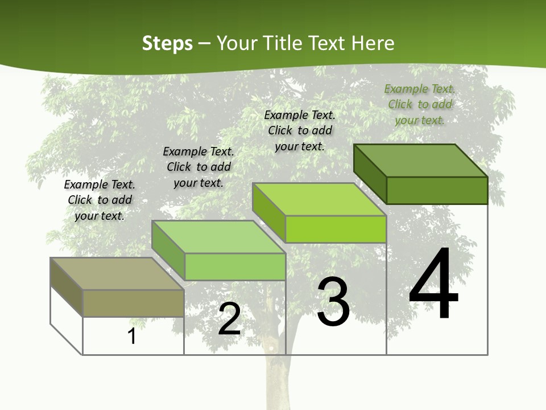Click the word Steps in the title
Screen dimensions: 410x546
[167, 43]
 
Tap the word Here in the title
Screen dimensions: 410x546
[373, 43]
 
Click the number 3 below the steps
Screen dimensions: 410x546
[333, 302]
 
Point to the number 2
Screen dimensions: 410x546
[229, 319]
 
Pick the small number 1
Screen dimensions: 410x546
[132, 337]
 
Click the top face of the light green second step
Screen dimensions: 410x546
[218, 237]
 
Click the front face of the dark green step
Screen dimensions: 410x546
[437, 190]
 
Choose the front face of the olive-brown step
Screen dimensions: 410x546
[133, 303]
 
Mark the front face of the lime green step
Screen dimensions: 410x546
[336, 229]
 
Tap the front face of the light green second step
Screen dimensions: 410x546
[234, 266]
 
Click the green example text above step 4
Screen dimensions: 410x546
[420, 104]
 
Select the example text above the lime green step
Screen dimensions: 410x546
[300, 130]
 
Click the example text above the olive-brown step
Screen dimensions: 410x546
[100, 200]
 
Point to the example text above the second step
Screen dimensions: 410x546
[198, 167]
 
